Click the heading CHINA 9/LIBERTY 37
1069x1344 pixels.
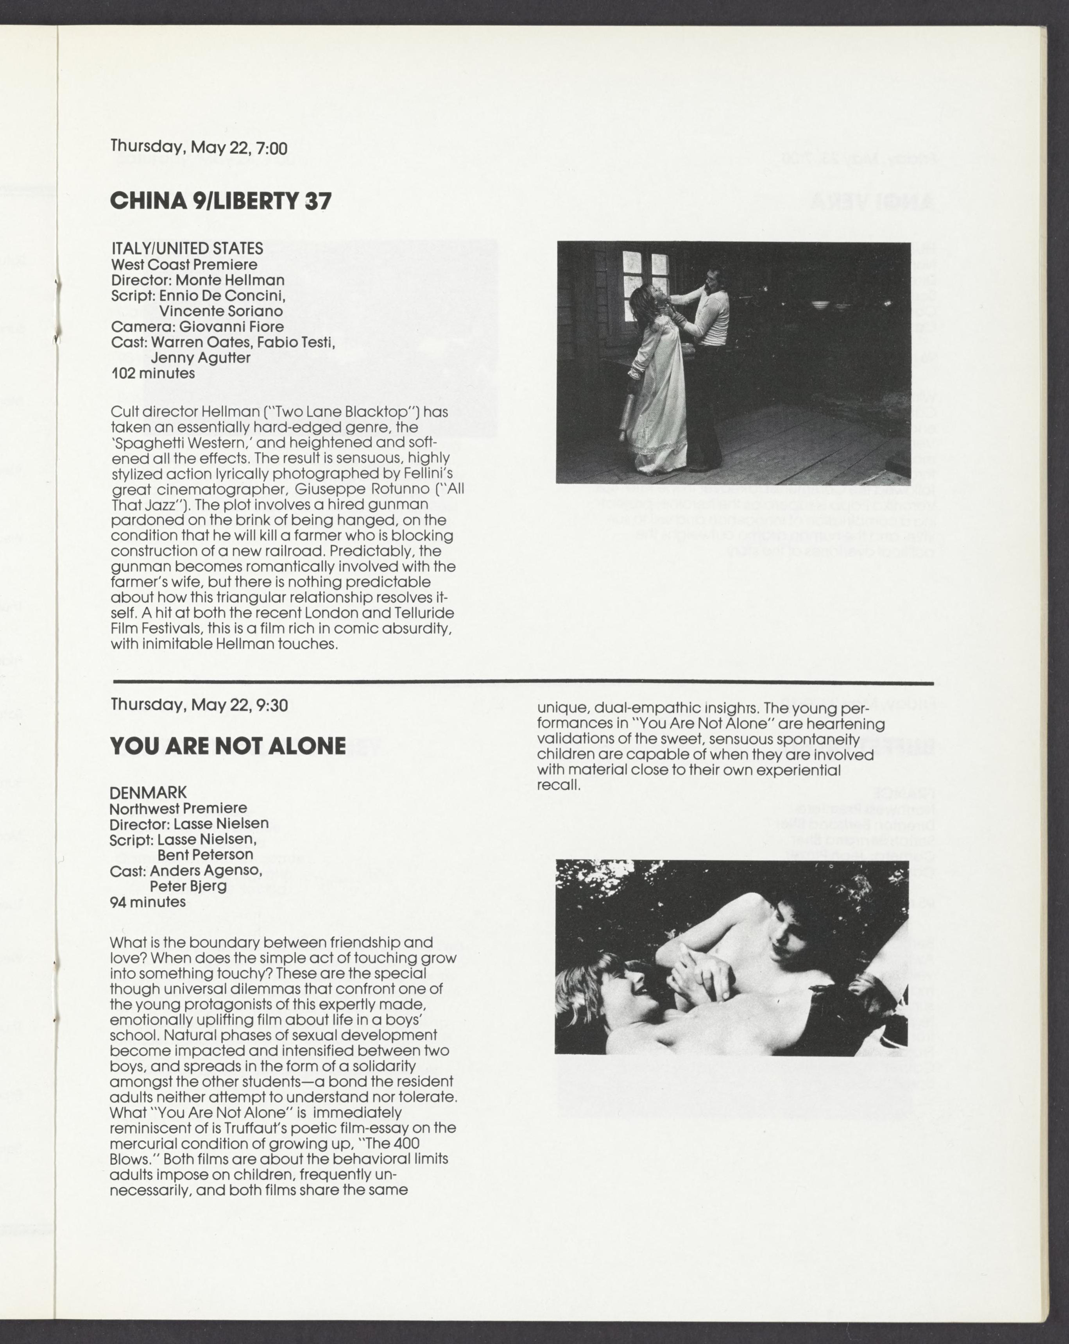tap(221, 201)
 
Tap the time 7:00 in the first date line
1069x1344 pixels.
tap(271, 148)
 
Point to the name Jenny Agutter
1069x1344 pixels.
tap(200, 358)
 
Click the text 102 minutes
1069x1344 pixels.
tap(153, 374)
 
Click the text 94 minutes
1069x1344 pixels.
tap(148, 902)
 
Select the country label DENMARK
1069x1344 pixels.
tap(148, 792)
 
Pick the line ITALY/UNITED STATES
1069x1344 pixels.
tap(187, 248)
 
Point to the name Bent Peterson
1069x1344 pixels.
tap(205, 854)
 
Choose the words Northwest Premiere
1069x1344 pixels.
tap(178, 808)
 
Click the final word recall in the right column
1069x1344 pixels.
tap(557, 785)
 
